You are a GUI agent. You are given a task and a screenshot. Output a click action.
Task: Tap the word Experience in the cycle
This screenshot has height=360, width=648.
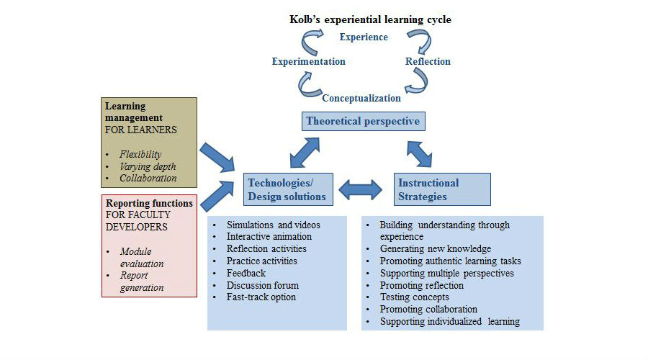(x=364, y=37)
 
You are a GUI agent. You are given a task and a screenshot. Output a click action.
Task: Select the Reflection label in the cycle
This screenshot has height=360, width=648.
(x=428, y=61)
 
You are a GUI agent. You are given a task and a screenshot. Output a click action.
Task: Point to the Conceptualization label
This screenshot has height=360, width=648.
(x=361, y=98)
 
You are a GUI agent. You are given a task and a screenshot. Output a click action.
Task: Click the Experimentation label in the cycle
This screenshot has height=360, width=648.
(x=308, y=61)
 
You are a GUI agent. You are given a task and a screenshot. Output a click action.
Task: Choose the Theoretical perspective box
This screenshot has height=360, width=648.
(x=363, y=121)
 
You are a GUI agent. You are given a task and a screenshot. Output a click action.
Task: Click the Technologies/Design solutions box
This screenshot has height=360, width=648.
(x=287, y=189)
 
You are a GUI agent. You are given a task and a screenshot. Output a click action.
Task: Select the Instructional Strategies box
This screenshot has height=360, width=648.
(x=442, y=189)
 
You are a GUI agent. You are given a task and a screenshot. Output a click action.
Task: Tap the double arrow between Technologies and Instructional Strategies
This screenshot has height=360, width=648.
(x=361, y=190)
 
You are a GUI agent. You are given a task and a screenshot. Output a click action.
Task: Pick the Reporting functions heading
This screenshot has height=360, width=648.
(x=149, y=203)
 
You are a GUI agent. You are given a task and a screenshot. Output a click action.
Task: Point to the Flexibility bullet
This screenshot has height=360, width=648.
(x=140, y=154)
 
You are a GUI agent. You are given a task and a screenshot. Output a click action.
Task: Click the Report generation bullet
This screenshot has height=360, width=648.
(x=142, y=282)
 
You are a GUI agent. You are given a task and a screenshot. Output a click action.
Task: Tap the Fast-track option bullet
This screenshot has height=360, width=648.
(x=261, y=297)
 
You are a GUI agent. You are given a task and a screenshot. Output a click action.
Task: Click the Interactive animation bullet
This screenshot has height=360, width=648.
(x=269, y=236)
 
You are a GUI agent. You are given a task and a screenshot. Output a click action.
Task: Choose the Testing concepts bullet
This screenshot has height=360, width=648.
(x=414, y=297)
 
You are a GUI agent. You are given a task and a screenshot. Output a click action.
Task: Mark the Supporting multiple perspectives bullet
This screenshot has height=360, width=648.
(x=446, y=273)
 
